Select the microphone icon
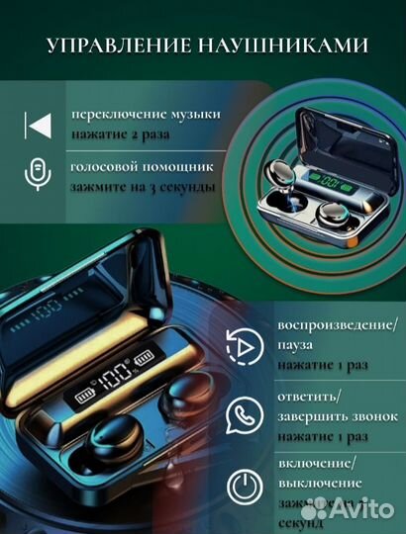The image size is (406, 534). pos(37,174)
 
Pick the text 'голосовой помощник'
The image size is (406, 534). pos(129,167)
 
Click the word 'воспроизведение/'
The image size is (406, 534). pos(330,327)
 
